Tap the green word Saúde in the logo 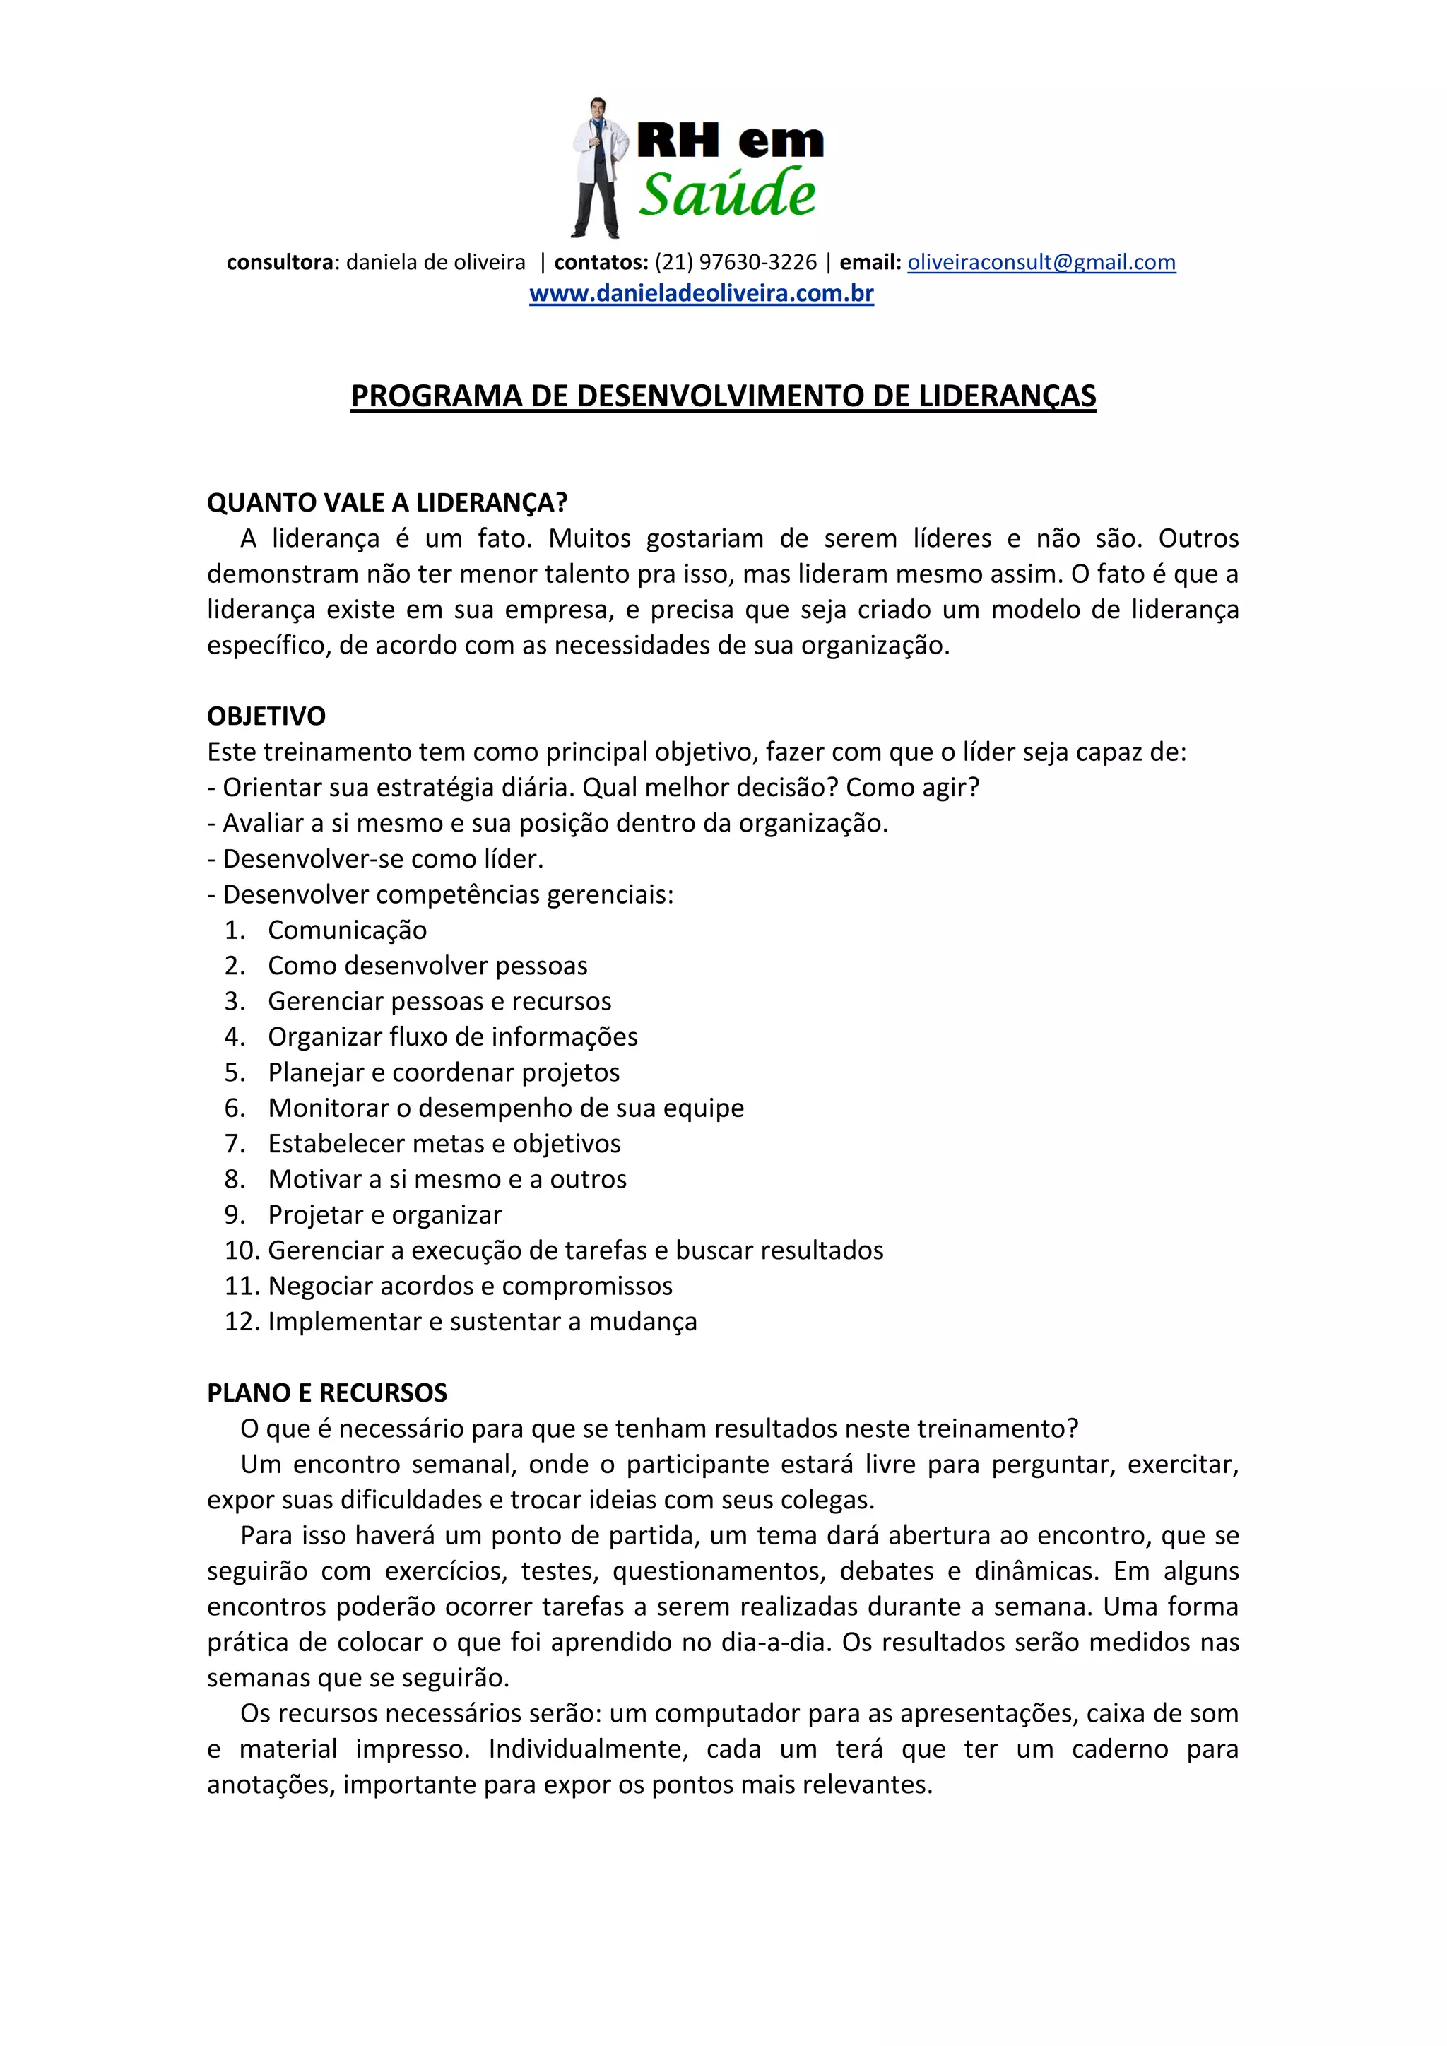tap(726, 194)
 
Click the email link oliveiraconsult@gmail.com tap(1041, 262)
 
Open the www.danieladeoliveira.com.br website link tap(701, 293)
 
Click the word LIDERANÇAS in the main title tap(1007, 396)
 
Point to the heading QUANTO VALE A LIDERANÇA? tap(386, 502)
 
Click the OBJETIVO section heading tap(266, 716)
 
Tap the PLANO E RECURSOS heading tap(327, 1392)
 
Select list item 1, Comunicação tap(348, 930)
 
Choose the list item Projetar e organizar tap(385, 1214)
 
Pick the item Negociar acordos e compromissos tap(471, 1286)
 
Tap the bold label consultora tap(280, 262)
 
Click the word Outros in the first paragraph tap(1198, 538)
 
